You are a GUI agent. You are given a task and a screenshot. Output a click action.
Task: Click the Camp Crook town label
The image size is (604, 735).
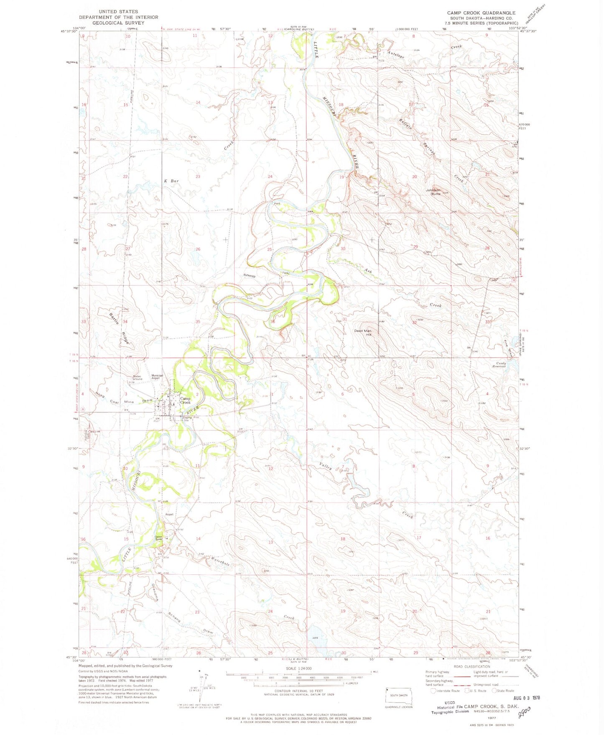coord(185,400)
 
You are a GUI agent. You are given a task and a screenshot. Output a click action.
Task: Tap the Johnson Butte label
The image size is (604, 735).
coord(433,192)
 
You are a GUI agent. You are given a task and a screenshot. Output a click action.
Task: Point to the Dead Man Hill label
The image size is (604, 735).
coord(363,333)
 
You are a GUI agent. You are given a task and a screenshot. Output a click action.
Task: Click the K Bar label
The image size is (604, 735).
coord(171,181)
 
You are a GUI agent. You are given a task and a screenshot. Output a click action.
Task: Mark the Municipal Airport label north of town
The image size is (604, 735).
coord(157,376)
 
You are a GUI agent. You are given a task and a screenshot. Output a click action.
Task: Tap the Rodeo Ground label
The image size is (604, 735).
coord(138,378)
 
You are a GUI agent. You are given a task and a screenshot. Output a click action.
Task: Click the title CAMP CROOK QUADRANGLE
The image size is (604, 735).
coord(481,13)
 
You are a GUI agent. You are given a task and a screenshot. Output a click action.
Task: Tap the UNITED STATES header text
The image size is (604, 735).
coord(118,12)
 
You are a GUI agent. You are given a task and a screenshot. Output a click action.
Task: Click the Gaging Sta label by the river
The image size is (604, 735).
coord(186,418)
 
